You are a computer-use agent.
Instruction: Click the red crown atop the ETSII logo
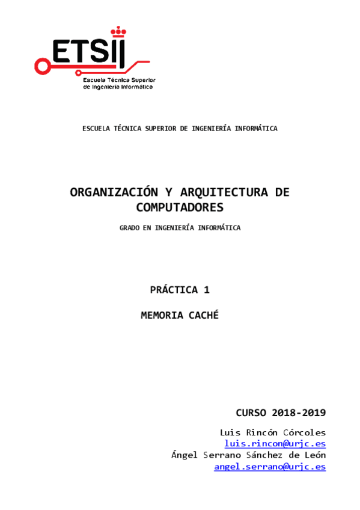(x=118, y=29)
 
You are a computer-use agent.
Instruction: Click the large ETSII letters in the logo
(x=87, y=52)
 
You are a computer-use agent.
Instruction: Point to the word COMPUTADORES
(x=180, y=207)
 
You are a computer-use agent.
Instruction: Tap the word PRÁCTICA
(x=174, y=289)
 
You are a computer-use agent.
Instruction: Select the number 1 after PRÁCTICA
(x=207, y=289)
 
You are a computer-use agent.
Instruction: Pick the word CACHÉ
(x=203, y=315)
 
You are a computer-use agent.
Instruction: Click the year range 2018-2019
(x=299, y=413)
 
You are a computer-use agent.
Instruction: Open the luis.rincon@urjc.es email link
(x=275, y=444)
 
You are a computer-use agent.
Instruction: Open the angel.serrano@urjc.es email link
(x=270, y=466)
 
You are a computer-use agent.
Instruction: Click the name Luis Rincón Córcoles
(x=273, y=432)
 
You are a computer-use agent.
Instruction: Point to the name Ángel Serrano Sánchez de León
(x=249, y=455)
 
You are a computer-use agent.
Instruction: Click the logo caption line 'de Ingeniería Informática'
(x=118, y=87)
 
